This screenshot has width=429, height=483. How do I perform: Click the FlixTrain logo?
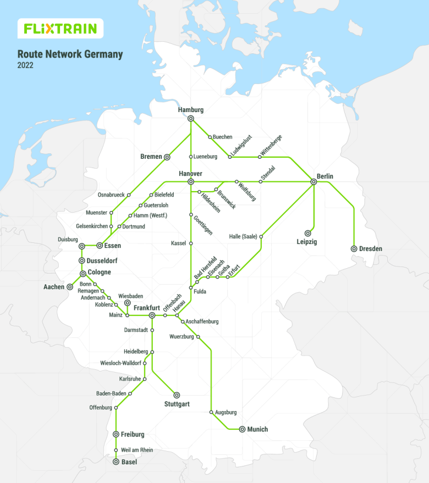pos(61,29)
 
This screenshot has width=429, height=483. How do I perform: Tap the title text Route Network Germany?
pos(70,54)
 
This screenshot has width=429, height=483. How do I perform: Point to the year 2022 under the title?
pos(25,65)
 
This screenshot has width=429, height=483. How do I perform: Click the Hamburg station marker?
pos(191,119)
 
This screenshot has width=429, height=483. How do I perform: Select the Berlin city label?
pos(325,176)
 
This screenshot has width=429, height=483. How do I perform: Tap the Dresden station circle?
pos(354,249)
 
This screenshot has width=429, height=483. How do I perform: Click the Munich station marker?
pos(241,429)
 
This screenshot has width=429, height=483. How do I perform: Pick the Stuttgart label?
pos(177,404)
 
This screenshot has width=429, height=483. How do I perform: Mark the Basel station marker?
pos(116,462)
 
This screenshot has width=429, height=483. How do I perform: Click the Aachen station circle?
pos(70,287)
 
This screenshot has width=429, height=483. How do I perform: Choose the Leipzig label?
pos(307,242)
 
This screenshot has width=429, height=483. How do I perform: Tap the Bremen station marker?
pos(167,157)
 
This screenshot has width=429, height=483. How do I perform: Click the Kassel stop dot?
pos(191,243)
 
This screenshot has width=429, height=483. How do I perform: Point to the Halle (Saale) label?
pos(243,237)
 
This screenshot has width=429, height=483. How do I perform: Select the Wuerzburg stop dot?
pos(198,336)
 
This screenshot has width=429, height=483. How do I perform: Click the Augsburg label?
pos(226,412)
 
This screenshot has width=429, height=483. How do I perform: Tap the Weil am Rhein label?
pos(137,450)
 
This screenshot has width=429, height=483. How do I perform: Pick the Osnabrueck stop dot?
pos(129,195)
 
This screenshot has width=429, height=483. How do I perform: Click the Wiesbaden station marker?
pos(127,303)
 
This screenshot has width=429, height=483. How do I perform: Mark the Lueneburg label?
pos(205,157)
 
